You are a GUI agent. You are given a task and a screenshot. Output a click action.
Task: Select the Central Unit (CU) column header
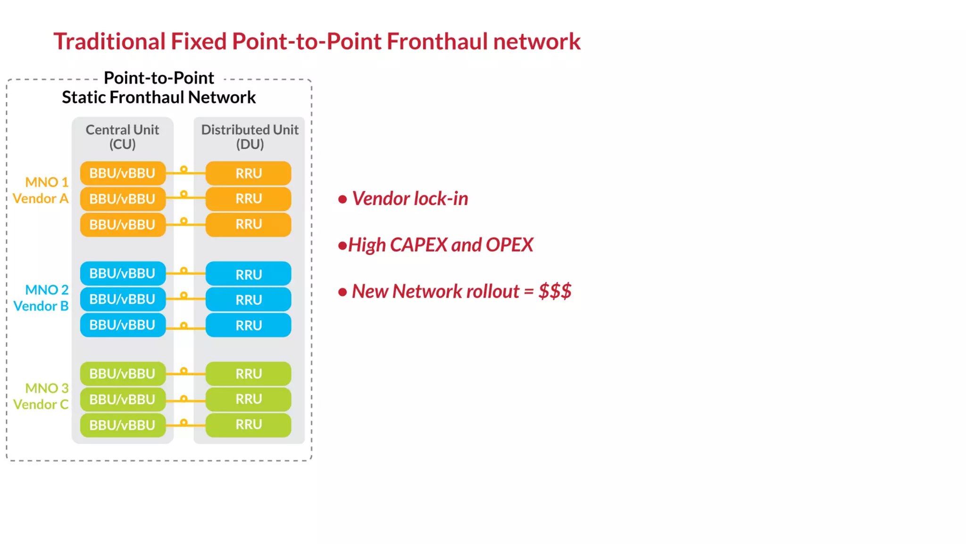pyautogui.click(x=122, y=136)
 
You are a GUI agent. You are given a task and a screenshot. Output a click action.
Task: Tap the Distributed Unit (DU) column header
pyautogui.click(x=250, y=136)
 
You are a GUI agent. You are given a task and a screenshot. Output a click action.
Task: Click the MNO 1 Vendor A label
pyautogui.click(x=41, y=190)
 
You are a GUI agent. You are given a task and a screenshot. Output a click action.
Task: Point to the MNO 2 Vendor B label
pyautogui.click(x=41, y=298)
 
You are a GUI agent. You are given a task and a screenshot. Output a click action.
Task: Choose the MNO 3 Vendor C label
pyautogui.click(x=41, y=396)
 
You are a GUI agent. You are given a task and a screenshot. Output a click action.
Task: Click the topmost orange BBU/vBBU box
pyautogui.click(x=123, y=173)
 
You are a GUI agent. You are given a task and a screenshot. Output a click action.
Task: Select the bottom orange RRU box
pyautogui.click(x=249, y=224)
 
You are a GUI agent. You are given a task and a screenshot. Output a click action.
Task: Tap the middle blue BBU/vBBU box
pyautogui.click(x=123, y=299)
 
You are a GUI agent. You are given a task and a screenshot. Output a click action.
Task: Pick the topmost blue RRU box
pyautogui.click(x=249, y=274)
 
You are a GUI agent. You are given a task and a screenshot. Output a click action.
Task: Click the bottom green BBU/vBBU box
pyautogui.click(x=123, y=425)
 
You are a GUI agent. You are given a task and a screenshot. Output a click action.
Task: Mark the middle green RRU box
pyautogui.click(x=249, y=399)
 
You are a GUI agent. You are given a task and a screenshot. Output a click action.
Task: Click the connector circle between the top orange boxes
pyautogui.click(x=184, y=169)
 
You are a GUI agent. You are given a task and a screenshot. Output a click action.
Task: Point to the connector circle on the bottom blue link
pyautogui.click(x=184, y=325)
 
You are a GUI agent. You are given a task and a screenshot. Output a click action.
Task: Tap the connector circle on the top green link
pyautogui.click(x=184, y=371)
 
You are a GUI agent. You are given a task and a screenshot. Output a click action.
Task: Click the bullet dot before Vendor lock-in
pyautogui.click(x=343, y=199)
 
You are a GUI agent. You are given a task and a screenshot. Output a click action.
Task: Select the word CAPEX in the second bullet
pyautogui.click(x=418, y=245)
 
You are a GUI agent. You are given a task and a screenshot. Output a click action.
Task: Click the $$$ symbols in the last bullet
pyautogui.click(x=555, y=291)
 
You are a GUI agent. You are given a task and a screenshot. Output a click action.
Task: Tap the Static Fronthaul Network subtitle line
pyautogui.click(x=158, y=97)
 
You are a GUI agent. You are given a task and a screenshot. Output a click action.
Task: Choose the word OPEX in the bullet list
pyautogui.click(x=509, y=245)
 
